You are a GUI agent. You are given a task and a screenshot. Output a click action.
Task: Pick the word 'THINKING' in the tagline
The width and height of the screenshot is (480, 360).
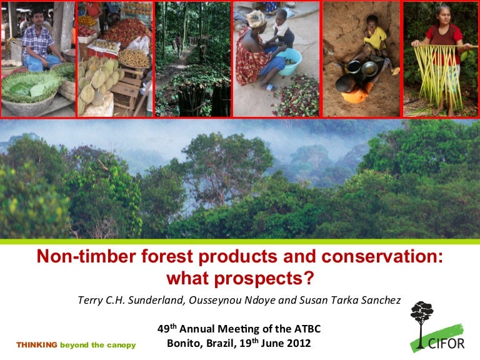[x=36, y=345]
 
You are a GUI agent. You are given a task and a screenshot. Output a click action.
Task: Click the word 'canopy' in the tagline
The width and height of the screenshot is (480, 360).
[x=122, y=345]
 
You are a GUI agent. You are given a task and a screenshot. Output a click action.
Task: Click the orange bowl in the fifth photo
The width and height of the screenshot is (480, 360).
[x=354, y=96]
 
